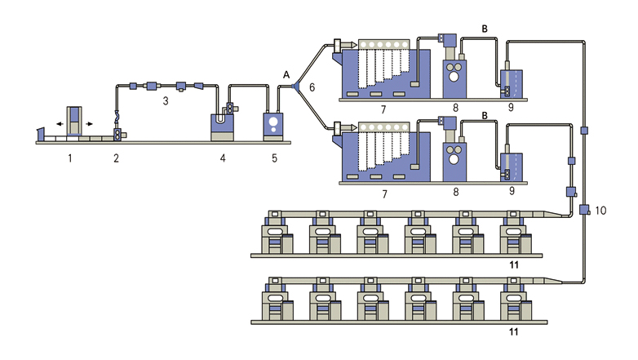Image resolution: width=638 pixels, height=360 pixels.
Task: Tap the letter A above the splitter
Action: (286, 73)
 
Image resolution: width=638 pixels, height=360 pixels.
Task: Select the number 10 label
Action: (600, 210)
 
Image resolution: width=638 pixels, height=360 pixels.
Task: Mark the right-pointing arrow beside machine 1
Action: (89, 123)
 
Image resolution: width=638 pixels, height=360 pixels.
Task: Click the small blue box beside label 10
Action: (584, 211)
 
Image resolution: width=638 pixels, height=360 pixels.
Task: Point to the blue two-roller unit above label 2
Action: (118, 133)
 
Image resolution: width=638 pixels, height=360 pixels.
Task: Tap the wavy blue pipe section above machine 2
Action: (117, 116)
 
